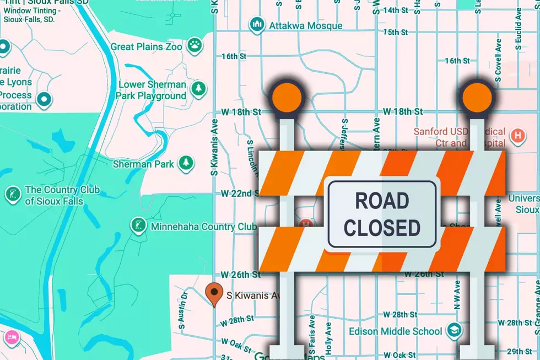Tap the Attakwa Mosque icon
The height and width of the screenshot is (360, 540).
click(256, 25)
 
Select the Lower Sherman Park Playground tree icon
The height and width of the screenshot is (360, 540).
click(198, 88)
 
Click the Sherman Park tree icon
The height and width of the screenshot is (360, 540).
click(187, 163)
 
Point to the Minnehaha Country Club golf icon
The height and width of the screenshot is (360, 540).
click(137, 225)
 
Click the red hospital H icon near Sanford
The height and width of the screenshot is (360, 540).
click(517, 134)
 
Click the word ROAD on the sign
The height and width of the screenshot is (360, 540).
click(381, 201)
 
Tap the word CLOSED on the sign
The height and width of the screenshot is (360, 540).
click(381, 227)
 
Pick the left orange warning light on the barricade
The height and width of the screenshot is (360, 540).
click(286, 98)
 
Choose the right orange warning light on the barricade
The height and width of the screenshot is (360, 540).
click(476, 98)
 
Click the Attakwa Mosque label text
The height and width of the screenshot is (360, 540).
click(305, 25)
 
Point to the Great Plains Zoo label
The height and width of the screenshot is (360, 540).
click(146, 46)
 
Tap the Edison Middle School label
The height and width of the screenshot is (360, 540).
click(395, 331)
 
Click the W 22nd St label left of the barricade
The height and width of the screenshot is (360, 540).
click(240, 194)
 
